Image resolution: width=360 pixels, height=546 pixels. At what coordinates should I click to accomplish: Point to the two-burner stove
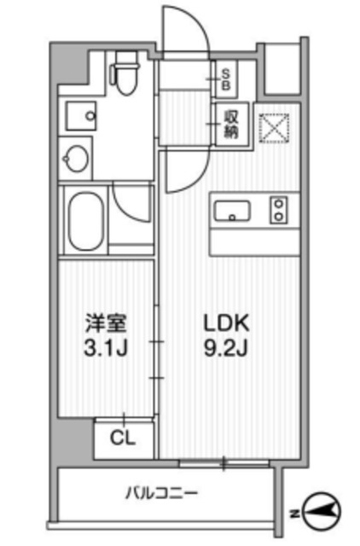click(279, 211)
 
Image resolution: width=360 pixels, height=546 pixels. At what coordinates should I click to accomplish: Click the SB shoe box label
click(228, 79)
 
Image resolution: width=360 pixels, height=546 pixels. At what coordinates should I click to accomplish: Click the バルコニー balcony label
click(162, 492)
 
